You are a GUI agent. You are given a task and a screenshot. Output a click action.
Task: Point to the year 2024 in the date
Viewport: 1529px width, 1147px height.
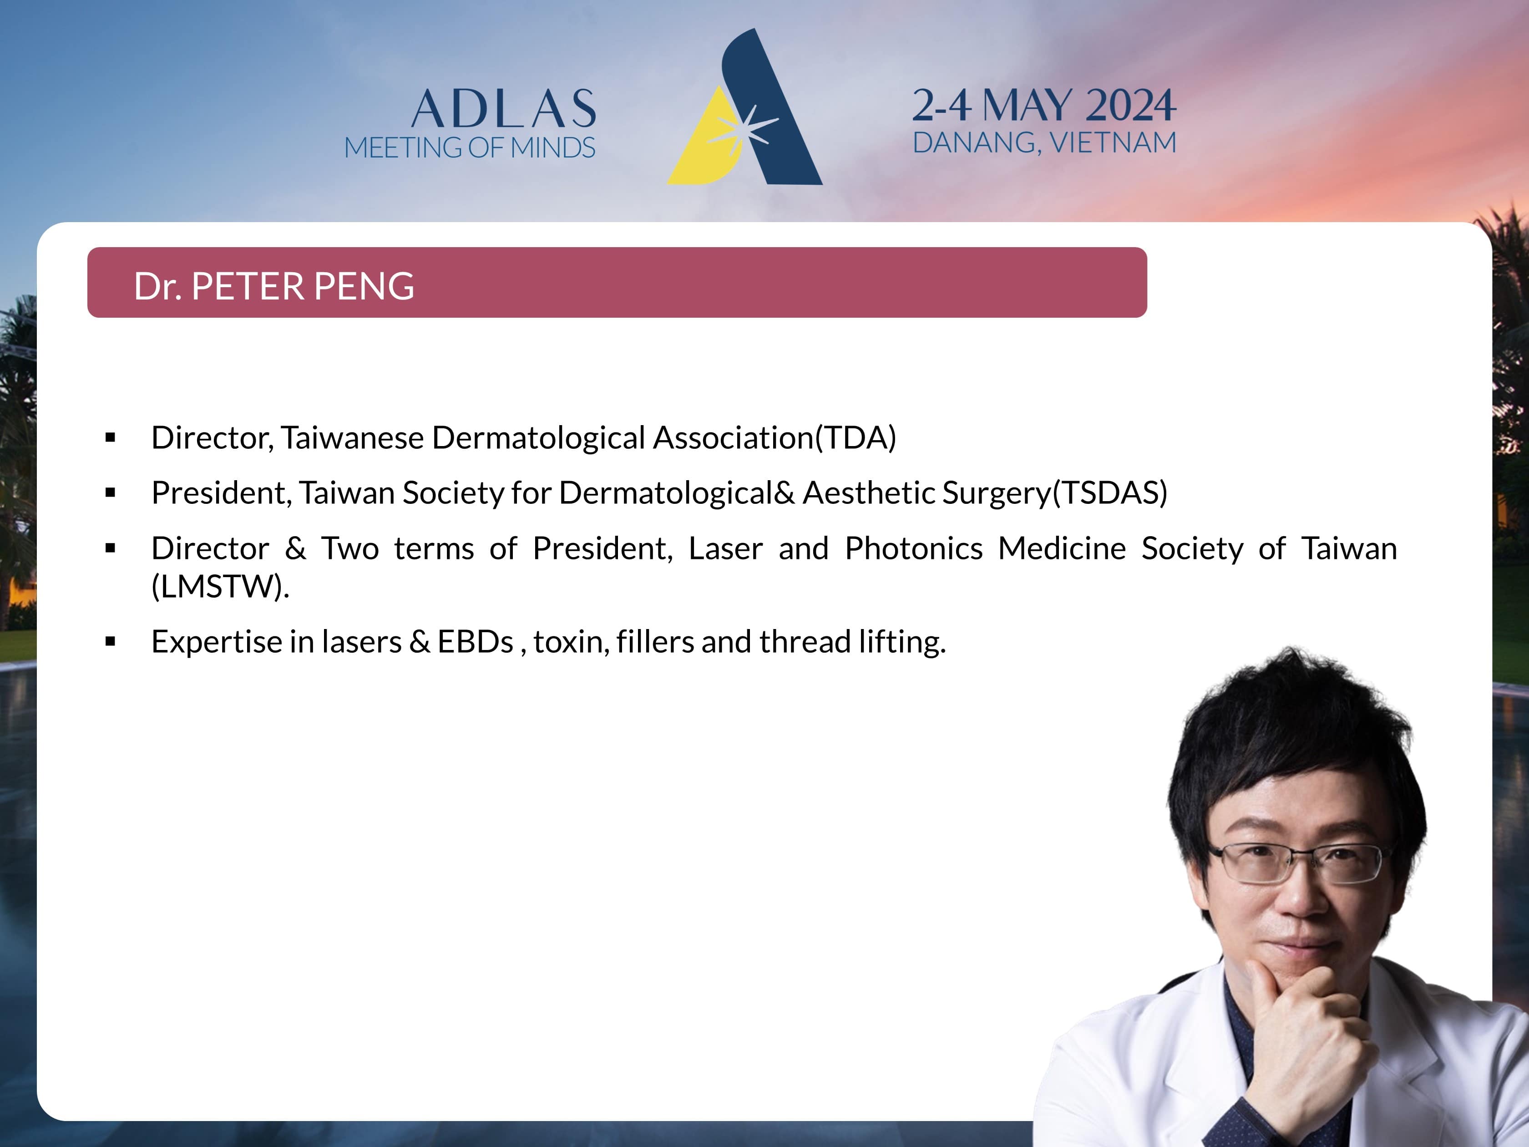(x=1131, y=105)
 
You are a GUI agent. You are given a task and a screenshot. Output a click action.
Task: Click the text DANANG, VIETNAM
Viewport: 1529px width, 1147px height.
(x=1044, y=142)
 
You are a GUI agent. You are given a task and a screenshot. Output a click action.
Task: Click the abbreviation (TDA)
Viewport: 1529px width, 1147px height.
(x=856, y=438)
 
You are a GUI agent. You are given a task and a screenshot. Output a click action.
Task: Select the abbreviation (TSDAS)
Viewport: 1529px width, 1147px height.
(x=1110, y=493)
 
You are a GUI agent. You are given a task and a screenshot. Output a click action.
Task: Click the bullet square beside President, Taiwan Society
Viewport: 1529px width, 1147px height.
(x=111, y=493)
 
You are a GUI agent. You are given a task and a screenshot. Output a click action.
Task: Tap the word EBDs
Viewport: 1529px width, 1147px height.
(x=476, y=642)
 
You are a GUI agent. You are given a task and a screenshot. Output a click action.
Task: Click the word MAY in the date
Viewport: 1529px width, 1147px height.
(x=1028, y=105)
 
